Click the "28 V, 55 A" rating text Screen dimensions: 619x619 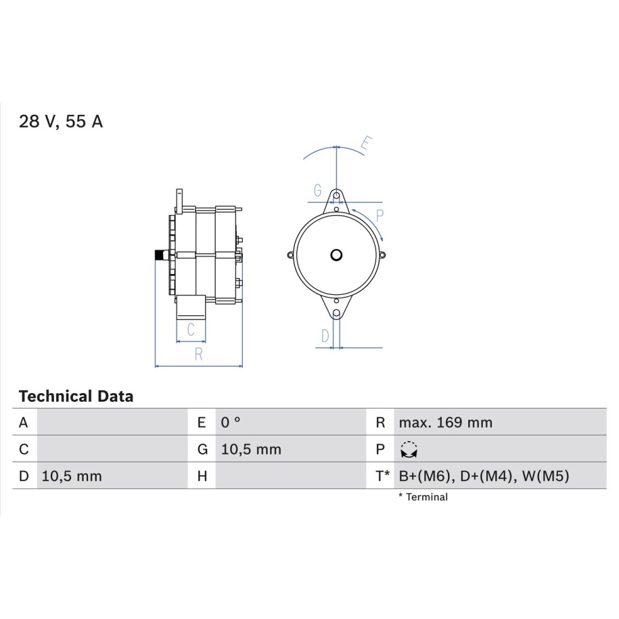tap(61, 121)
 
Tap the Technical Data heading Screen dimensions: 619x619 tap(76, 396)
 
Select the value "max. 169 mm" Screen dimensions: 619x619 tap(446, 422)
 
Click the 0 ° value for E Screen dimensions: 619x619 tap(231, 422)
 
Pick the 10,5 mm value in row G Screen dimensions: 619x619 tap(251, 449)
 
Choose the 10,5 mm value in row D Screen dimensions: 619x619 tap(72, 476)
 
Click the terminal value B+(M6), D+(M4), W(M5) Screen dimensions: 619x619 tap(484, 476)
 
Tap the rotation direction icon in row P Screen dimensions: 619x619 tap(409, 450)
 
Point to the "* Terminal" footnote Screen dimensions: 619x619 tap(423, 497)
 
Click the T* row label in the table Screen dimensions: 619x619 tap(382, 476)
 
